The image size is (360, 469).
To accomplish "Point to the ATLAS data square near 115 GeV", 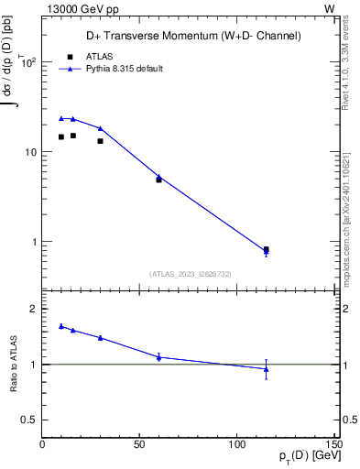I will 266,249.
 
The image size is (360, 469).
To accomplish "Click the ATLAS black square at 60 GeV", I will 158,180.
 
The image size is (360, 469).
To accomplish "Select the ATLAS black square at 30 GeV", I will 100,141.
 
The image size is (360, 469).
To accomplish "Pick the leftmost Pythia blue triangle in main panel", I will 61,118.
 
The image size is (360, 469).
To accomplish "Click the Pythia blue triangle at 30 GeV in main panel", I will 100,128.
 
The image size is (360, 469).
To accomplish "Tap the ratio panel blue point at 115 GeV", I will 266,369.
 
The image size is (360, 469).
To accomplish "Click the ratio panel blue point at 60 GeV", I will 158,356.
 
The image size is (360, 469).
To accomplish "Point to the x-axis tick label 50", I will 139,444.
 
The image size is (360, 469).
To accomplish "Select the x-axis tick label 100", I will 237,444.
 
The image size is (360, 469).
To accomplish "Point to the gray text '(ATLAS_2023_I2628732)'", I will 190,273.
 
